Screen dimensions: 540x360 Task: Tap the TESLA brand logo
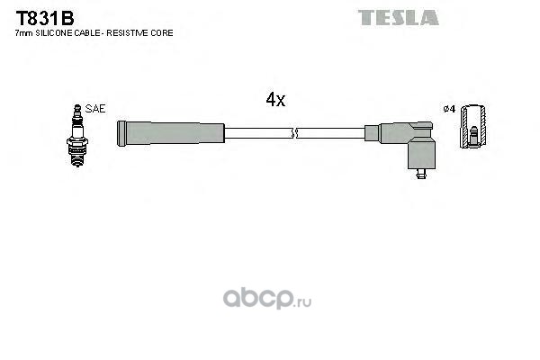398,16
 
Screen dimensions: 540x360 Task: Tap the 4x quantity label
275,101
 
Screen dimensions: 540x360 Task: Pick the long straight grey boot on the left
171,133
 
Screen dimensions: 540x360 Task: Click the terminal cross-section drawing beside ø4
474,129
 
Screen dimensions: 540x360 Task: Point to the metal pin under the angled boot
420,173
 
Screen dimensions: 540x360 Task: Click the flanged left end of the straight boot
121,133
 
